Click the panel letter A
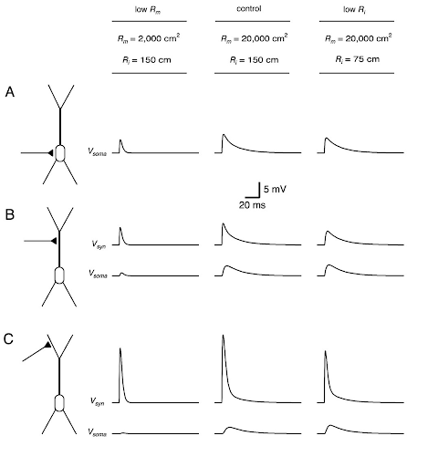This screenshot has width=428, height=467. pos(10,92)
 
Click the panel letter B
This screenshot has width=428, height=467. pos(10,214)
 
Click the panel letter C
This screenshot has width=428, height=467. pos(8,339)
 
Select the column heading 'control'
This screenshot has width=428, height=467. pos(249,9)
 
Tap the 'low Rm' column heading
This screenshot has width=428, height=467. pos(148,10)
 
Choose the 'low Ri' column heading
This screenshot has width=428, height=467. pos(355,10)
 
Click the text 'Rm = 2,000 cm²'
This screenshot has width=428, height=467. pos(149,38)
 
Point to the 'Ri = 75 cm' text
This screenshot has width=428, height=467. pos(358,59)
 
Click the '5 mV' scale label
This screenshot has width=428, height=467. pos(275,190)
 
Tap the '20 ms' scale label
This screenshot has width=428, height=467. pos(252,205)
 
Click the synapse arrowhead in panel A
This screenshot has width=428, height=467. pos(50,153)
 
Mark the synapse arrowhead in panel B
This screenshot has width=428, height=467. pos(54,241)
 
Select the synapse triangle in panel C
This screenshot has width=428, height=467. pos(47,345)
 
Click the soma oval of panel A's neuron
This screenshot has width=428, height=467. pos(60,153)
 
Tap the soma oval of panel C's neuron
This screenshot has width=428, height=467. pos(59,403)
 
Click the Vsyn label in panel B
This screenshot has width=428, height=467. pos(99,244)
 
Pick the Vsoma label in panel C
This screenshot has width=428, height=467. pos(98,432)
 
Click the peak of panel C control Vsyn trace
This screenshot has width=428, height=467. pos(224,335)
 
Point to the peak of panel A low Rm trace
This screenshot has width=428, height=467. pos(120,140)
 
